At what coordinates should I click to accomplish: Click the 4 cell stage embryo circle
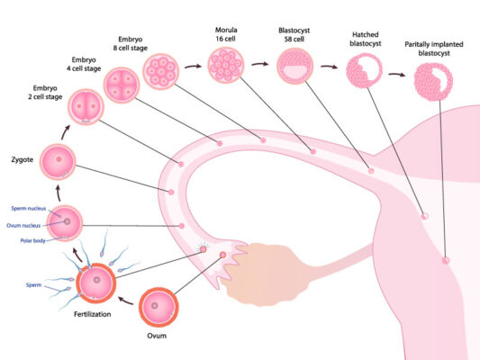click(x=124, y=85)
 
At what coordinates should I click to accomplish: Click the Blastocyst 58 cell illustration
click(x=294, y=67)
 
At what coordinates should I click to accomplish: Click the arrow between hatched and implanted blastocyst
click(x=397, y=77)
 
